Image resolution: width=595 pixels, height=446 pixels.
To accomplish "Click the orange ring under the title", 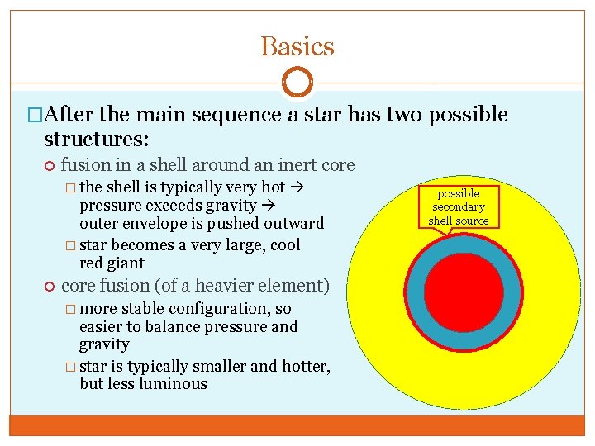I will coord(297,83).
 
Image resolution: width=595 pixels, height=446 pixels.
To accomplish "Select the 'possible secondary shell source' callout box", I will coord(459,206).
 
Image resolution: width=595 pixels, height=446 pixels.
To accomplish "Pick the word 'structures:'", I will coord(95,136).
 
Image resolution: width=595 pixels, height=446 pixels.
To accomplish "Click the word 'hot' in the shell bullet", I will coord(273,187).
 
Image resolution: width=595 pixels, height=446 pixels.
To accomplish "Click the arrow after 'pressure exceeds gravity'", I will coord(269,206).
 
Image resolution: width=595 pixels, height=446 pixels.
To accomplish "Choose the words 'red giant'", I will coord(112,263).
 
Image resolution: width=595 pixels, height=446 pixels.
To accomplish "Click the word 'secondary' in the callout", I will coord(459,206).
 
